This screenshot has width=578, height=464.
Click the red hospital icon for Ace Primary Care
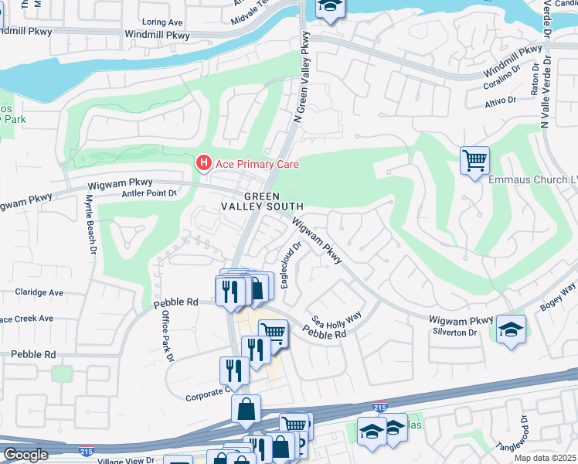(203, 163)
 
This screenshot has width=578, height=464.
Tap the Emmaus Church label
(533, 179)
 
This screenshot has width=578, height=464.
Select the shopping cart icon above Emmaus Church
(474, 160)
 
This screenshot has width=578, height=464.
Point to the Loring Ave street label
(162, 23)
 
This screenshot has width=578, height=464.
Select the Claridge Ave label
(39, 293)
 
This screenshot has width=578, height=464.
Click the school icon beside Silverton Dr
(511, 329)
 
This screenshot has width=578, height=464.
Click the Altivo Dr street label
(500, 101)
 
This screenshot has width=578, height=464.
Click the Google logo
(25, 455)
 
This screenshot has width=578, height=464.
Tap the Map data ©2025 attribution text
(545, 459)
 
